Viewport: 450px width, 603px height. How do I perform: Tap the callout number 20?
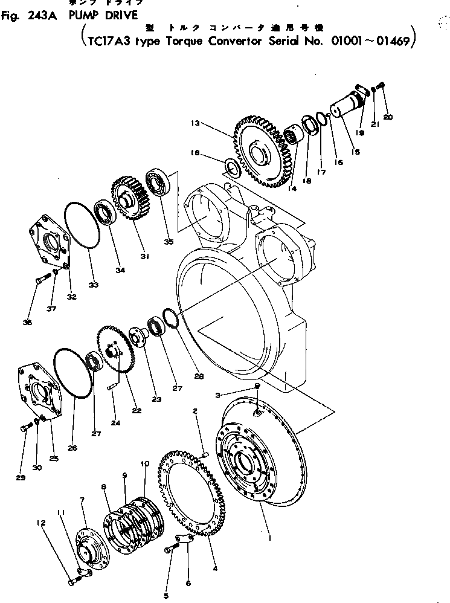click(x=388, y=117)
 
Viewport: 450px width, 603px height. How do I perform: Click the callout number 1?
click(x=269, y=536)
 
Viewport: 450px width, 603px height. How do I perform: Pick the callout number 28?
click(x=199, y=376)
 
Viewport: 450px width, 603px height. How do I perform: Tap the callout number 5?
click(x=166, y=596)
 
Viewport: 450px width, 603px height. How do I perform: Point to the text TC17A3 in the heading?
click(x=109, y=42)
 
